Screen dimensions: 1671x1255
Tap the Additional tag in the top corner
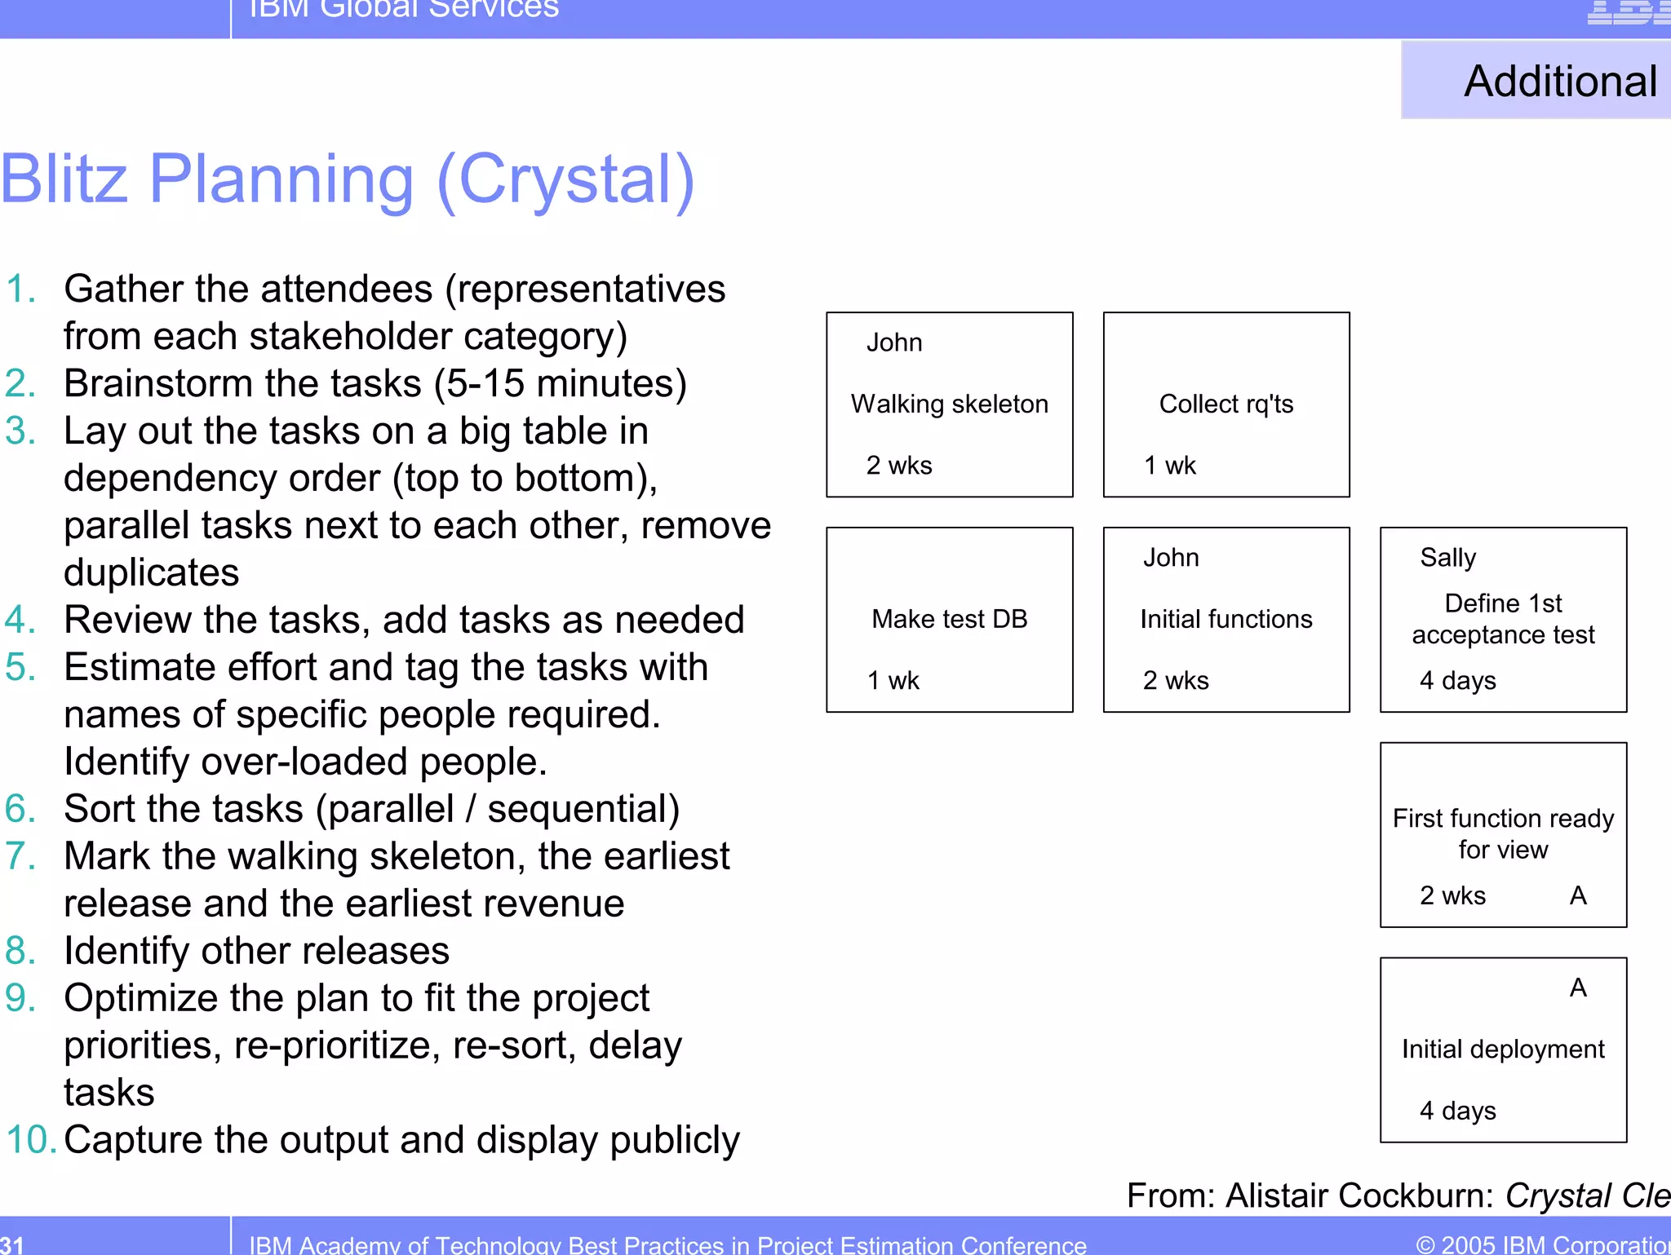click(1559, 82)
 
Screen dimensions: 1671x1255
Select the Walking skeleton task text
click(949, 404)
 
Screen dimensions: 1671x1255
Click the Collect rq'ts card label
click(1226, 404)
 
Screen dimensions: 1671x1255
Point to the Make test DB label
click(949, 619)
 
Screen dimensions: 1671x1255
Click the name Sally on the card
click(1447, 558)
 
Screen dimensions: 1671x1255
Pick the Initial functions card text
click(1226, 619)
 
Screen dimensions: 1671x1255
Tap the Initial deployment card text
click(1502, 1049)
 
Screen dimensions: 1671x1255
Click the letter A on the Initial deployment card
click(1578, 988)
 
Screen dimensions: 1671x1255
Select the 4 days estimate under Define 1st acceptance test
click(1457, 680)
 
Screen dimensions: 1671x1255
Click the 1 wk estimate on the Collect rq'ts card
click(1169, 466)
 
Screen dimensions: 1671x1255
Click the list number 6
click(20, 809)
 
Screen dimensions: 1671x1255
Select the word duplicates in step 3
click(151, 572)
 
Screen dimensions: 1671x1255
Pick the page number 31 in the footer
click(12, 1244)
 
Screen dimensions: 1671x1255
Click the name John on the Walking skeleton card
click(894, 342)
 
